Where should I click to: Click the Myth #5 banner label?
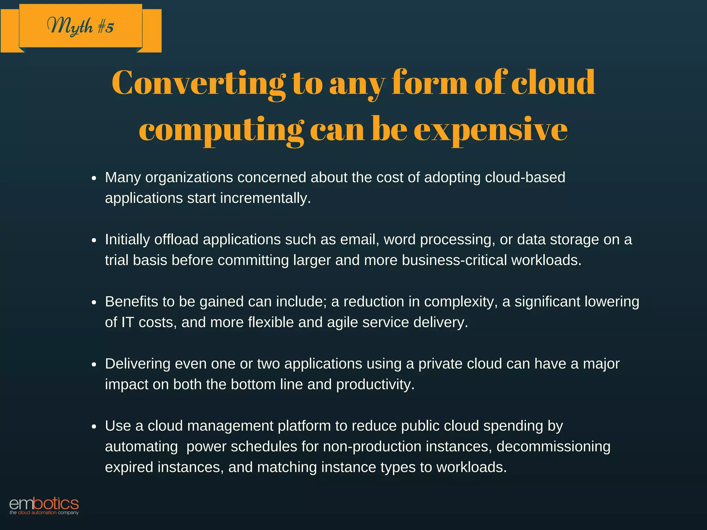80,26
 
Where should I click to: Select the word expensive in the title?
491,130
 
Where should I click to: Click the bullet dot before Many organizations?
94,178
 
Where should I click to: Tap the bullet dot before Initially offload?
94,241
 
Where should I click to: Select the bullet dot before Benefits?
94,303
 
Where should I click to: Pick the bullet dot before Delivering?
94,365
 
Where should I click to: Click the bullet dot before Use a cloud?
94,427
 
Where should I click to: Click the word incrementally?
265,198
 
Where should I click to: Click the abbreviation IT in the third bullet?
127,322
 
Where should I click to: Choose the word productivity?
375,385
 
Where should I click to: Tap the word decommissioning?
553,446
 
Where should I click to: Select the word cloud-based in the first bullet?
525,177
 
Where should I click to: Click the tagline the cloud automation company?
44,513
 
